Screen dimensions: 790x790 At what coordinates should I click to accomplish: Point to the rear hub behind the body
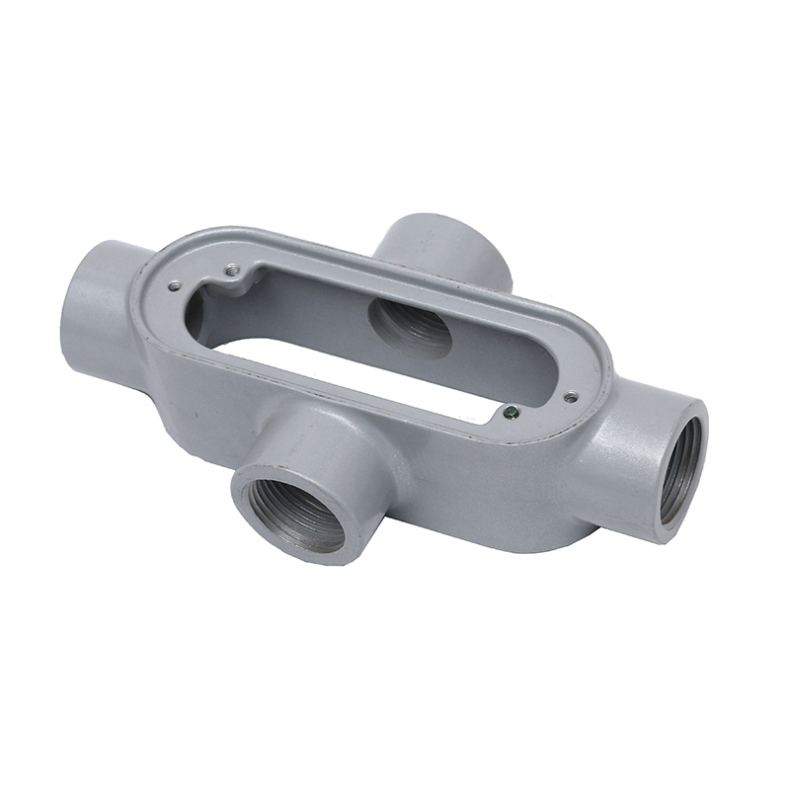(444, 247)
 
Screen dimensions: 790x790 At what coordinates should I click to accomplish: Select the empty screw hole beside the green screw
(570, 397)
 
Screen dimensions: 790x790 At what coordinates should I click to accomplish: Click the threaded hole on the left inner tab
(229, 267)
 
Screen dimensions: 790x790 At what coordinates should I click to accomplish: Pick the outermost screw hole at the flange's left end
(175, 286)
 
